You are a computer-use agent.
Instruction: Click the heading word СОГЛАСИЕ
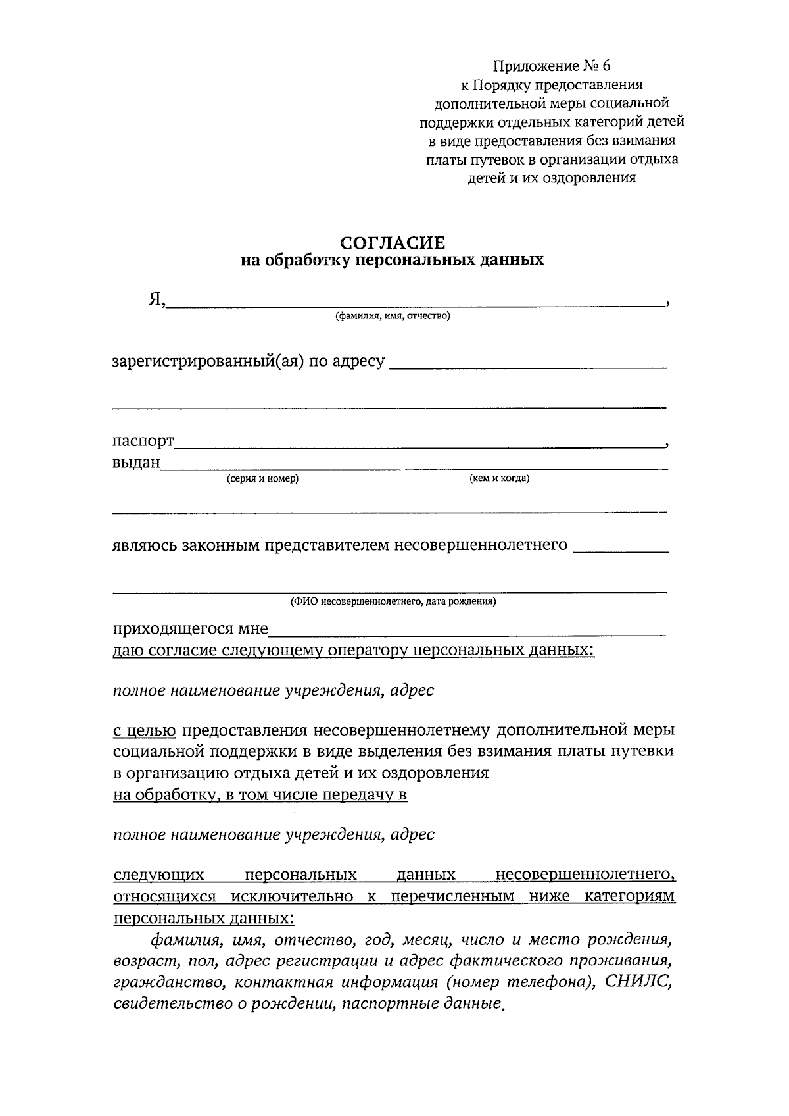393,243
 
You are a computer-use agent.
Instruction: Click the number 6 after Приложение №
606,66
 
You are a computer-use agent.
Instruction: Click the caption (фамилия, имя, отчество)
393,317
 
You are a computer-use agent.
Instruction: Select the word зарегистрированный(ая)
207,361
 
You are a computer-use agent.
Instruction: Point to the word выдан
136,463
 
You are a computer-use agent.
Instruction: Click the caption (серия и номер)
263,478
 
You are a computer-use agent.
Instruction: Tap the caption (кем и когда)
499,478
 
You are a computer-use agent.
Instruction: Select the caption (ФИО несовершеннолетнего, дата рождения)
393,601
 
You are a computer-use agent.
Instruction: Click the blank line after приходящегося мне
467,632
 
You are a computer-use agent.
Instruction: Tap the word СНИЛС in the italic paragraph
639,982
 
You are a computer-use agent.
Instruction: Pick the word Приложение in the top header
534,66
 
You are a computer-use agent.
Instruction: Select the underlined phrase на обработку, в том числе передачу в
260,794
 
